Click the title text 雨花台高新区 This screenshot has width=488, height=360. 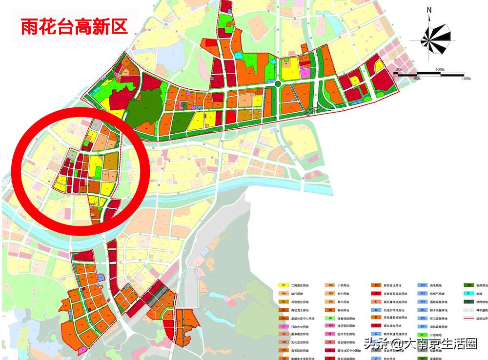pos(74,26)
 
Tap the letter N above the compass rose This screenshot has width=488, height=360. pos(429,10)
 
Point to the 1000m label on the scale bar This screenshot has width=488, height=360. pos(442,70)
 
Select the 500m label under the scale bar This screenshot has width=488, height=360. pos(416,79)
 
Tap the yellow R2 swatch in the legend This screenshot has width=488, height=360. pos(283,285)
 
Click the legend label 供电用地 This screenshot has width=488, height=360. pos(436,285)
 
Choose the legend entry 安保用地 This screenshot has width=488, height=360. pos(482,285)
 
